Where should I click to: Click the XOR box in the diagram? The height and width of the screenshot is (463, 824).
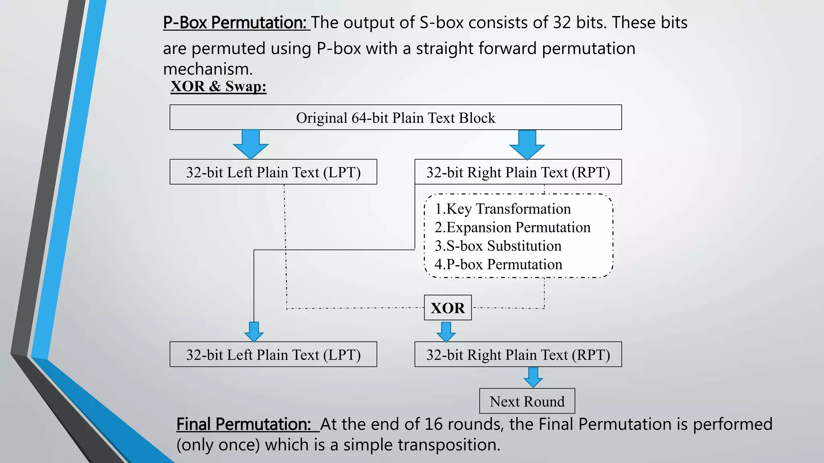tap(447, 308)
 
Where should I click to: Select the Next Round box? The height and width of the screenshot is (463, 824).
tap(527, 401)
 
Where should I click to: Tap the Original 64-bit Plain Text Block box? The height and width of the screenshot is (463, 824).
tap(396, 117)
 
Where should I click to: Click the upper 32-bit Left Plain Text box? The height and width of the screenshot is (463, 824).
tap(273, 172)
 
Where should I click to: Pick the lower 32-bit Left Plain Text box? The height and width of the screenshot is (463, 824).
tap(273, 354)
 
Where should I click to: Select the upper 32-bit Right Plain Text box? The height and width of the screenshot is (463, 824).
tap(518, 172)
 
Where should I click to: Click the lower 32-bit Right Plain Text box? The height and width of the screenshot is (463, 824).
tap(518, 354)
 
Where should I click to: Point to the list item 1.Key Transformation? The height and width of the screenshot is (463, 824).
tap(503, 209)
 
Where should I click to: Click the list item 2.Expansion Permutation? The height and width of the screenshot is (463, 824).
tap(512, 227)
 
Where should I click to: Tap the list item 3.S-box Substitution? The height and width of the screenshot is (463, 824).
tap(498, 246)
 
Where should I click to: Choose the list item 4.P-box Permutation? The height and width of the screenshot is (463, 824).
tap(498, 264)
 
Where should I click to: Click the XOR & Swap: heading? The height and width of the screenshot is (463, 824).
tap(218, 86)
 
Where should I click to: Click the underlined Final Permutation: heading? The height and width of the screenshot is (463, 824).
tap(244, 424)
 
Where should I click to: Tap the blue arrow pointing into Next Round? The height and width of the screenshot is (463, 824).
tap(533, 377)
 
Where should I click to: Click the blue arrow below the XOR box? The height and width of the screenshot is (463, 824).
tap(446, 332)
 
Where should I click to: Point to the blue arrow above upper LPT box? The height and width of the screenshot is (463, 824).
tap(250, 144)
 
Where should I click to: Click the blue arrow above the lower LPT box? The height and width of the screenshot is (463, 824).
tap(254, 332)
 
